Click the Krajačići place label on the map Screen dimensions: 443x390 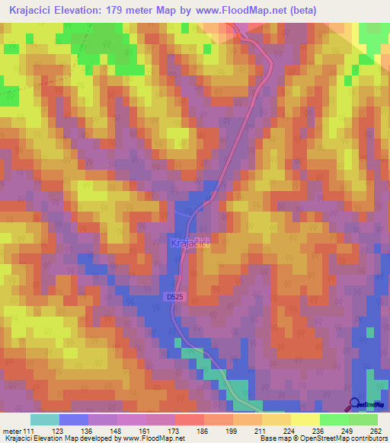191,243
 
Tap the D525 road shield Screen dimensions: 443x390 174,297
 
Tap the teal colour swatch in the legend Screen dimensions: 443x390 45,419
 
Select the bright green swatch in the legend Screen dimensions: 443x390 363,419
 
